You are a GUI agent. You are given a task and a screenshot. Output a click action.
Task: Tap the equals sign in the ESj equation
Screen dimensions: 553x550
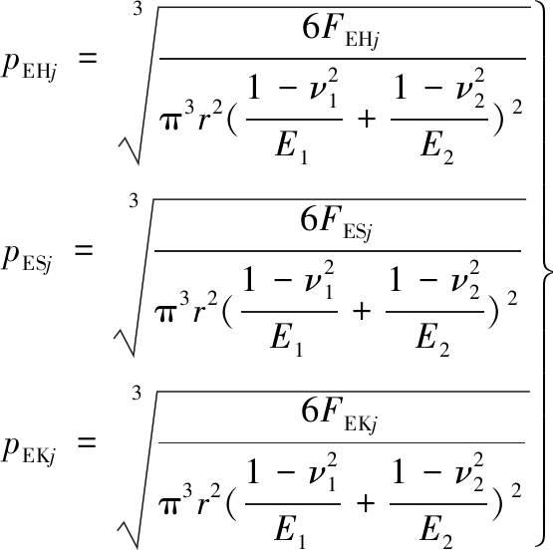(84, 250)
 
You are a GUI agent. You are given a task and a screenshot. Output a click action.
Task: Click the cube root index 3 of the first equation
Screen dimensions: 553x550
(138, 9)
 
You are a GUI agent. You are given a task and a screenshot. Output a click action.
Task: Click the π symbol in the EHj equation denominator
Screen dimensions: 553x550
(171, 122)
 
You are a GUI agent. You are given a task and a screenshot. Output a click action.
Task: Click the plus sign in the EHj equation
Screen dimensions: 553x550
(366, 120)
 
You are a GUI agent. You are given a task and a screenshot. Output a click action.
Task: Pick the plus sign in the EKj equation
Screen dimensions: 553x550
(366, 503)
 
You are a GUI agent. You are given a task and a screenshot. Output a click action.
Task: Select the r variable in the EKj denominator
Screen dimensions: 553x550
(205, 502)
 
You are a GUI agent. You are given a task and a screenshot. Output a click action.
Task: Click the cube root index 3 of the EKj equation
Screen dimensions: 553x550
(137, 393)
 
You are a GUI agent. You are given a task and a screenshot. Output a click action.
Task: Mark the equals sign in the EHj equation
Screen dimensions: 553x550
(87, 57)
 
